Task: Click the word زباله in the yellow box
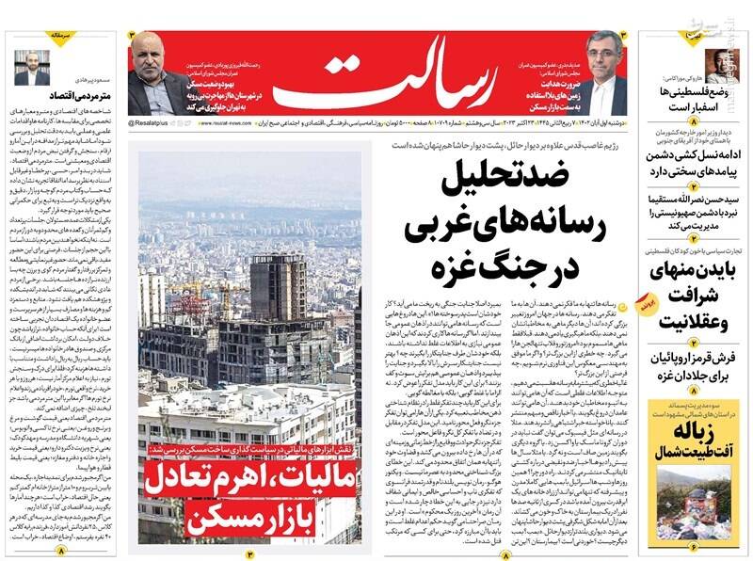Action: [696, 430]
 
